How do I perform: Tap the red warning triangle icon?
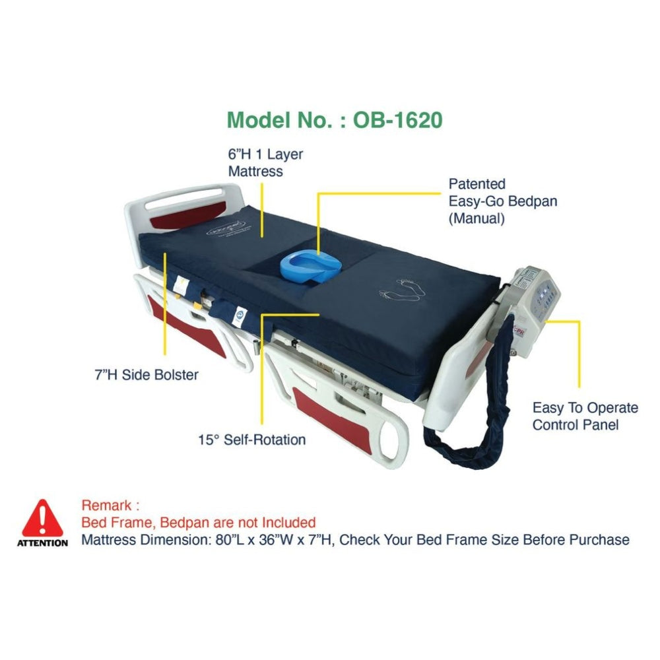coord(42,518)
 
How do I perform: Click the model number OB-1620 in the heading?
coord(397,120)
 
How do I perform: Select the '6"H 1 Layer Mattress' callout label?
coord(265,163)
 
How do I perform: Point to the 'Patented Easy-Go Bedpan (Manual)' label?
coord(502,201)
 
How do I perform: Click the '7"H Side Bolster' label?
coord(147,375)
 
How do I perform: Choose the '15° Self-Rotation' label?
coord(251,440)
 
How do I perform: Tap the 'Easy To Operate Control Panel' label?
coord(585,416)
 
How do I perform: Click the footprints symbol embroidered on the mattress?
coord(403,290)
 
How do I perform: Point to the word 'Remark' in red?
coord(106,505)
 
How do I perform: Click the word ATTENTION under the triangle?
coord(42,543)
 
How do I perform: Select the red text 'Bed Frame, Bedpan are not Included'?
coord(198,523)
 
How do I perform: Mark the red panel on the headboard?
coord(187,216)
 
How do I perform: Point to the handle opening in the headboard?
coord(183,199)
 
